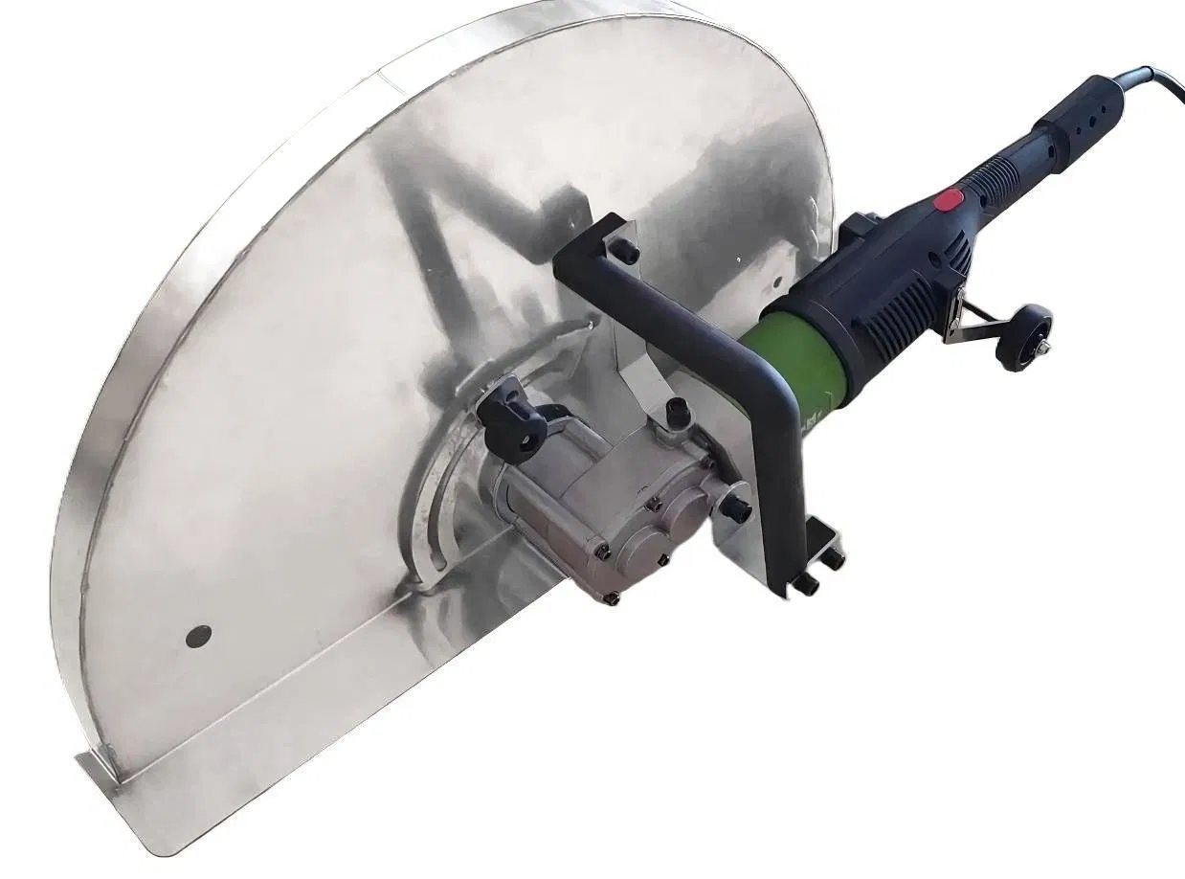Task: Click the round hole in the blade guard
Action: click(x=198, y=634)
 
